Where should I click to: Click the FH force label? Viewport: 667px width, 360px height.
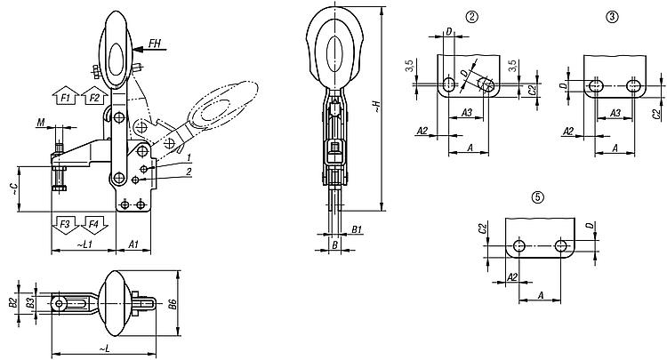click(x=155, y=43)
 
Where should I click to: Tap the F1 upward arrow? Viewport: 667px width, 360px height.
click(x=66, y=96)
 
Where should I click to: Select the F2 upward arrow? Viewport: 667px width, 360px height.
click(x=94, y=96)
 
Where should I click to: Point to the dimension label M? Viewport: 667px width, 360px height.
click(x=40, y=123)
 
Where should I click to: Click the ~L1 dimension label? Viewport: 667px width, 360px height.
click(x=84, y=244)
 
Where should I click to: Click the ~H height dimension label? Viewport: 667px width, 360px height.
click(x=376, y=107)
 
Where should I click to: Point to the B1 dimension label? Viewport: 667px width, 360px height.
click(x=357, y=229)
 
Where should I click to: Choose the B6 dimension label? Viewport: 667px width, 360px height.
click(x=173, y=304)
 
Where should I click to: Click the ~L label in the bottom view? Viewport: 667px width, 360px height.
click(x=105, y=348)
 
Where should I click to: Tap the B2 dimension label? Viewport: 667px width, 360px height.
click(x=12, y=303)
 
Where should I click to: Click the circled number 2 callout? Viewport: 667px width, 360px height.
click(x=471, y=17)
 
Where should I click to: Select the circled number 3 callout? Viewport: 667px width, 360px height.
click(x=612, y=17)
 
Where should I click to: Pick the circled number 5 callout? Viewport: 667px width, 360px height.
click(x=538, y=197)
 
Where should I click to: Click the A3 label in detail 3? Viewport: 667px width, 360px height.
click(x=615, y=113)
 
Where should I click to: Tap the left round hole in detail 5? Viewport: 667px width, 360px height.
click(x=519, y=245)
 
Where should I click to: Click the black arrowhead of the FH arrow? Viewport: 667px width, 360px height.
click(x=138, y=49)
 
